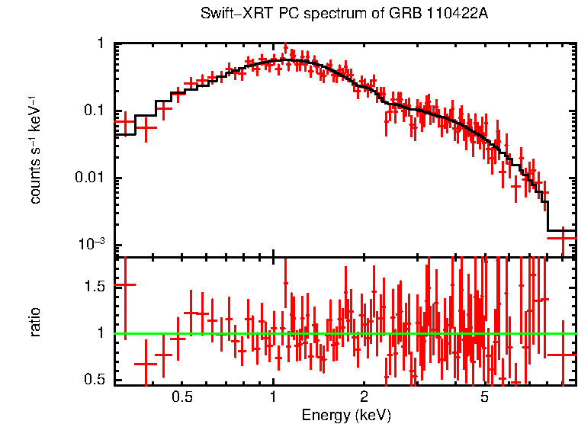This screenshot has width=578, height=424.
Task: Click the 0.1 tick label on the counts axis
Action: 95,111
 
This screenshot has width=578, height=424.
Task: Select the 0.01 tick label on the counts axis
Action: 92,178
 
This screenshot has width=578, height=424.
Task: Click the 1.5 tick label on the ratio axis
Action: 95,286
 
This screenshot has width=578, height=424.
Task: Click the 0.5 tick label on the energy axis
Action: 181,398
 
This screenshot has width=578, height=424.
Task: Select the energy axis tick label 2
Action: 364,398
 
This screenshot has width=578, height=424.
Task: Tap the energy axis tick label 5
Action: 484,398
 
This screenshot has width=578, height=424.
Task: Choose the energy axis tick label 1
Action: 273,398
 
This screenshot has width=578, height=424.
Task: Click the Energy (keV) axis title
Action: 346,415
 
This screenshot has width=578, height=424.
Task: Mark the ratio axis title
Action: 36,322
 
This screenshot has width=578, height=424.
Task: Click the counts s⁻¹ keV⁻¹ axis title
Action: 36,150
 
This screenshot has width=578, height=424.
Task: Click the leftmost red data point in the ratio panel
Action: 124,284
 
